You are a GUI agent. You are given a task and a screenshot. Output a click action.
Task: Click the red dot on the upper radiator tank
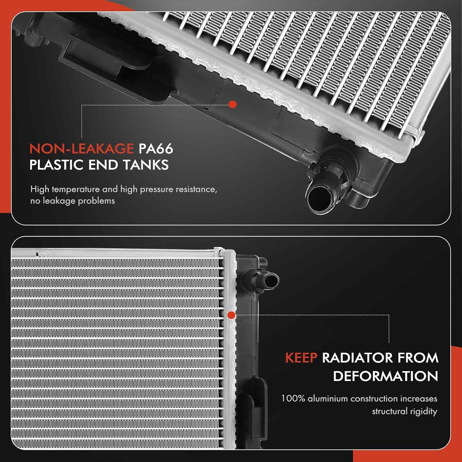[x=233, y=105]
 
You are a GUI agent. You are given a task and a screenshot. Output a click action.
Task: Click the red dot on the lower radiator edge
[x=231, y=315]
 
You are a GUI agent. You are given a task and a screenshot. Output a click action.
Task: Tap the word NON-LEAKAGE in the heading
[x=82, y=149]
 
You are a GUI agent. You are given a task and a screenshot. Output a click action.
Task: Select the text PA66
[x=156, y=149]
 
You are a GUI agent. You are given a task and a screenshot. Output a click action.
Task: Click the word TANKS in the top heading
[x=146, y=165]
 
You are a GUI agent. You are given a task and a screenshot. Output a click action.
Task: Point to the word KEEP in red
[x=301, y=358]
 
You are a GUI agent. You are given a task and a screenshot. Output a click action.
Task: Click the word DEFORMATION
[x=385, y=376]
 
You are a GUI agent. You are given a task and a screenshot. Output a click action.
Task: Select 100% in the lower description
[x=293, y=399]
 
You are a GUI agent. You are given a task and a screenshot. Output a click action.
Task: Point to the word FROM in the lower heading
[x=418, y=358]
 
